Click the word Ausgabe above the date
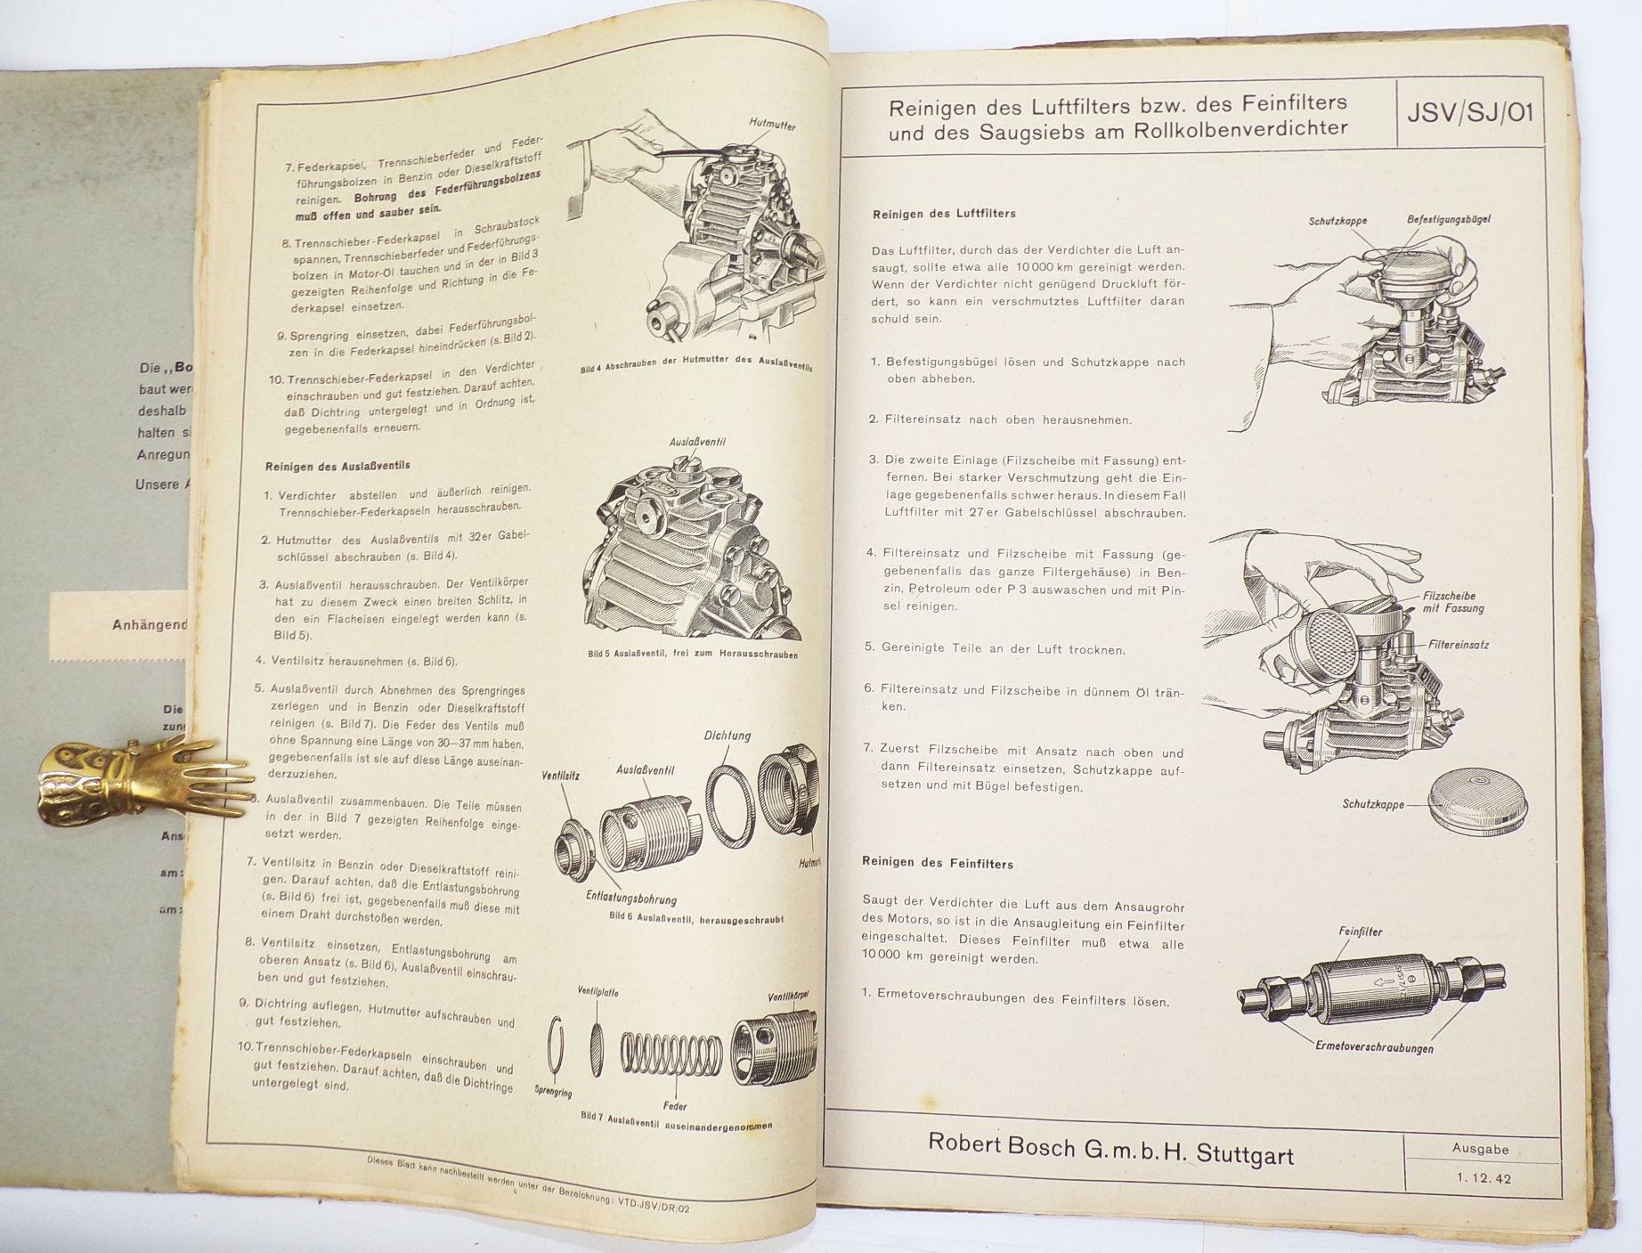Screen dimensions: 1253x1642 tap(1480, 1149)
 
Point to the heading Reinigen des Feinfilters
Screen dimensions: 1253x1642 tap(938, 864)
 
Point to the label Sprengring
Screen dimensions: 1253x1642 tap(552, 1091)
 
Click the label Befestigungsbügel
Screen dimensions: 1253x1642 tap(1449, 219)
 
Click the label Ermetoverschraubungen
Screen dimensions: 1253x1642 tap(1374, 1048)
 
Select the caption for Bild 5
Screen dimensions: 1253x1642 tap(692, 654)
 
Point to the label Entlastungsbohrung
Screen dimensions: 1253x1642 tap(631, 899)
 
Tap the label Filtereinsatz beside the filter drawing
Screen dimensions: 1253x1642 tap(1459, 644)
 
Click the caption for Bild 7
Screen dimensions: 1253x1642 tap(676, 1120)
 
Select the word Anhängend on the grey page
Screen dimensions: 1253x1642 tap(150, 624)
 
